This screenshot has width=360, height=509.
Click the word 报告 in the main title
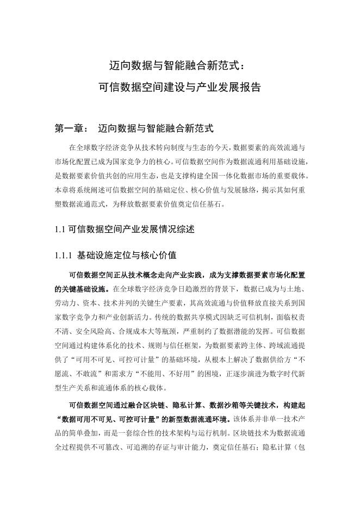pos(250,86)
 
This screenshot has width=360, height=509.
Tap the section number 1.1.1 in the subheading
pos(64,254)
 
